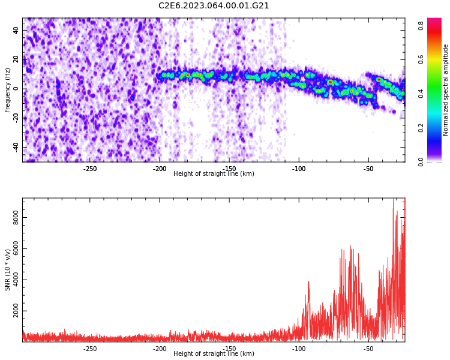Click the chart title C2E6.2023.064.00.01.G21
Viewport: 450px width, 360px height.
point(214,6)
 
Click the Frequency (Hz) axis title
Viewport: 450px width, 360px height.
point(8,90)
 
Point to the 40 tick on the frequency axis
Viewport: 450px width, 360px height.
point(16,30)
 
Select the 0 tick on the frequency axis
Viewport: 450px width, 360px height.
point(16,89)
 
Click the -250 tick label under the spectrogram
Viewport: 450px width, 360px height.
point(89,169)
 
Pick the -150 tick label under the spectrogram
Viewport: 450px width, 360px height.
point(229,169)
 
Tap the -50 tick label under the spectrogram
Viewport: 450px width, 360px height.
point(368,169)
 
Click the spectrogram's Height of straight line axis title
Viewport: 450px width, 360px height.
point(214,174)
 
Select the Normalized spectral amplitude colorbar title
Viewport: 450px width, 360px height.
point(446,90)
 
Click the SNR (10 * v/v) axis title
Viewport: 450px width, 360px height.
point(8,270)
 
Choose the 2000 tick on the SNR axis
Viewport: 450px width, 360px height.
point(16,313)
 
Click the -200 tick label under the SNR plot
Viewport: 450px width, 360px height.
point(160,349)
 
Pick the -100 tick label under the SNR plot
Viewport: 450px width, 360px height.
point(299,349)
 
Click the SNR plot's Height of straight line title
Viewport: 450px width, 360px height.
point(214,354)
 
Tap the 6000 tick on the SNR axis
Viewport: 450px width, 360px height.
point(16,249)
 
